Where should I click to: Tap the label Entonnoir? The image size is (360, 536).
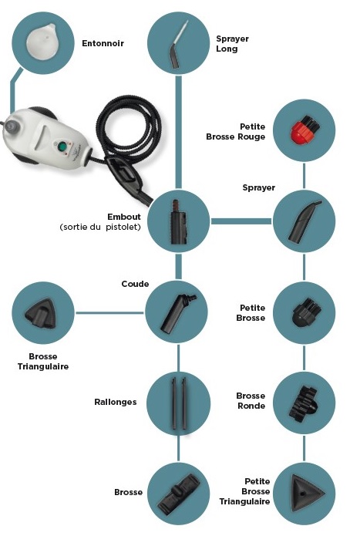103,43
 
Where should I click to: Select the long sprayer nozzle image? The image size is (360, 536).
177,45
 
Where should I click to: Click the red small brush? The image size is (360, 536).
304,130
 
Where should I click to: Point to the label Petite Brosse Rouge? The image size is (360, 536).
236,132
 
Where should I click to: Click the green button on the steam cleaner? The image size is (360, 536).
62,147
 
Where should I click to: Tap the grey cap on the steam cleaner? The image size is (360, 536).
12,126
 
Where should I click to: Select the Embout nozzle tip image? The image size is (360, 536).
178,222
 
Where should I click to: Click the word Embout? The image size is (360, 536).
124,217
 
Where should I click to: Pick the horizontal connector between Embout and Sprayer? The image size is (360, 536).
241,221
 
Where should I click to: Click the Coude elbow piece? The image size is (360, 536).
177,313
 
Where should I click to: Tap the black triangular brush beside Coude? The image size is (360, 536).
40,314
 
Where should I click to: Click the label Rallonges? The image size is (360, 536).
116,402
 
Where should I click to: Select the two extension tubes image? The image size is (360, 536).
179,403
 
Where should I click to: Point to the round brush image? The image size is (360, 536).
303,403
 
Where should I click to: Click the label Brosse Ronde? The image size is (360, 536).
251,400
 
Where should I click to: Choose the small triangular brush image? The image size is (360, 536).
305,493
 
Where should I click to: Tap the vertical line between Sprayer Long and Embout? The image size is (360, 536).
178,132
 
